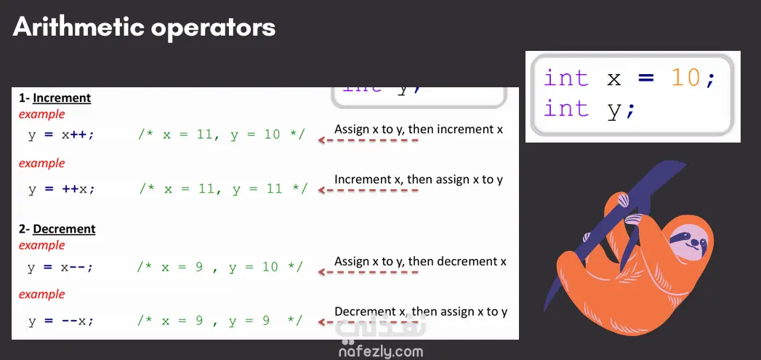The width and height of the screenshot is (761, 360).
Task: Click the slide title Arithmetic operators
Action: tap(144, 27)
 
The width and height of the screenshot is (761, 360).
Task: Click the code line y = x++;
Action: tap(61, 135)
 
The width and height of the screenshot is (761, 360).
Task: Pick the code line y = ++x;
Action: tap(61, 188)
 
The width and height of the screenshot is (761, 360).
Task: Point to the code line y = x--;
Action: tap(60, 267)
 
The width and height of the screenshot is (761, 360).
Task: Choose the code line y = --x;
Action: tap(60, 321)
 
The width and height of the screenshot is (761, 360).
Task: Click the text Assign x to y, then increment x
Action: tap(419, 129)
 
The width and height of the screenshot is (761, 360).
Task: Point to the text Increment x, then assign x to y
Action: tap(419, 179)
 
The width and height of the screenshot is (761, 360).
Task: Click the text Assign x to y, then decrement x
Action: tap(420, 261)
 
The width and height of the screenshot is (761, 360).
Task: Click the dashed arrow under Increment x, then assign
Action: tap(368, 190)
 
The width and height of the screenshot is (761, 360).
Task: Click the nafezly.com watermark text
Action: tap(381, 351)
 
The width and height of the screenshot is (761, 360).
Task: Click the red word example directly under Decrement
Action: tap(41, 245)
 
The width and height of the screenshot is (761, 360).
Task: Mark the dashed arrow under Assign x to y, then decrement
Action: tap(368, 272)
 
